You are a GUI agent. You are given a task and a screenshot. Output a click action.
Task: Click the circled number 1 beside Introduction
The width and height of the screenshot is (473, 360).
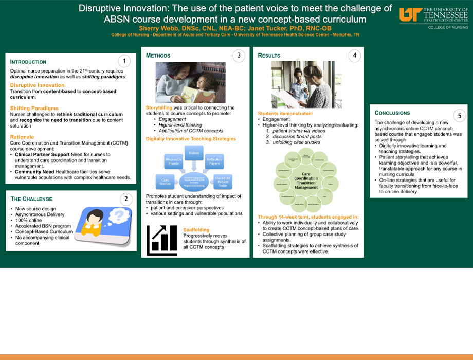123,61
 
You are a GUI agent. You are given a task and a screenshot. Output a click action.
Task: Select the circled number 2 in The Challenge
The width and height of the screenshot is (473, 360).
125,199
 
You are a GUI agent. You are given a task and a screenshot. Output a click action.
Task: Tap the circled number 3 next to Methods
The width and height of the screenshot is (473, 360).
238,56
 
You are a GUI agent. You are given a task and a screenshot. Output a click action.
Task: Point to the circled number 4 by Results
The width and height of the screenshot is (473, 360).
354,56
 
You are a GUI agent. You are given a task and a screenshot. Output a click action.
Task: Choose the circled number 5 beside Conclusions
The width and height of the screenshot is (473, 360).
459,115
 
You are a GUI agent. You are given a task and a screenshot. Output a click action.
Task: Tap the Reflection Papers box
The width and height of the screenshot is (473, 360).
215,162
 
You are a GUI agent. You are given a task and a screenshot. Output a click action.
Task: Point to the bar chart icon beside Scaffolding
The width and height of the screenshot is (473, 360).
161,240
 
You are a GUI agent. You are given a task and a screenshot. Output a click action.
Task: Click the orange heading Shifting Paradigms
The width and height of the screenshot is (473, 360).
34,108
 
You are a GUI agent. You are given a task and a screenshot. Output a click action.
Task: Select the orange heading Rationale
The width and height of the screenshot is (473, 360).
22,137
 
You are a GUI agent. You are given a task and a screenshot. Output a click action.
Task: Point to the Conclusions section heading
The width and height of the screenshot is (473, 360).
392,113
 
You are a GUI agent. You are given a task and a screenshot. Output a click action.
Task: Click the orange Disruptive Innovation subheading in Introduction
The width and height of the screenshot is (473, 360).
37,85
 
